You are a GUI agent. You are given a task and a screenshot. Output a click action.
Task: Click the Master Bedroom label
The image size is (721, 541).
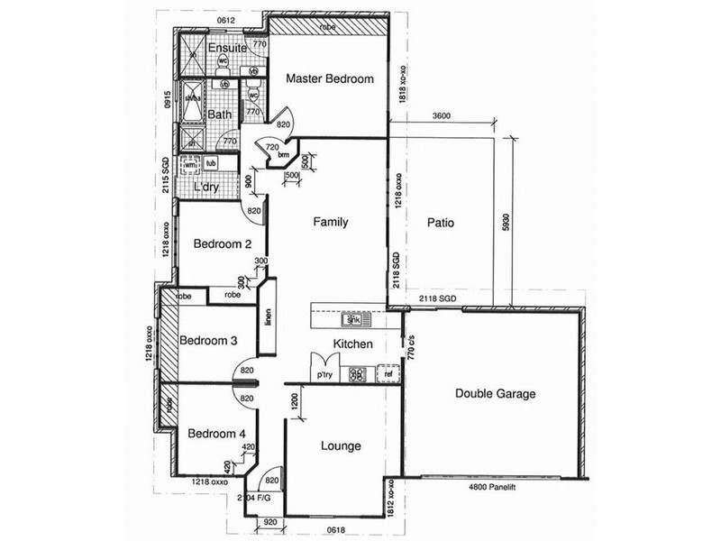329,79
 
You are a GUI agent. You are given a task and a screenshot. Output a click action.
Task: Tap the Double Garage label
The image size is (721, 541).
495,394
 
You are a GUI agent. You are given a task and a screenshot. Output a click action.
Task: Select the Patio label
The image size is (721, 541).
439,222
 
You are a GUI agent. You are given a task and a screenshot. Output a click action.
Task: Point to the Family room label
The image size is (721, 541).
330,222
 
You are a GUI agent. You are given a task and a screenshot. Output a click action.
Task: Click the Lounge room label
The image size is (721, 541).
341,445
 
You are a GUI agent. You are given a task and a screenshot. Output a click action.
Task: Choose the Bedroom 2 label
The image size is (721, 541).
215,244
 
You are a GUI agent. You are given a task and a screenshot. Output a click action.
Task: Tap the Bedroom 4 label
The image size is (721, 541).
216,434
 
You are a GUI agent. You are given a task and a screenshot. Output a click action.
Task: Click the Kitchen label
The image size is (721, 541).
353,344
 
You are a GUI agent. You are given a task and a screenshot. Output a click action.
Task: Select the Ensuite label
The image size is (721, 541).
226,48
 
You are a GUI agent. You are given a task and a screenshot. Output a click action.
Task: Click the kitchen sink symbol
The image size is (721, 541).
351,320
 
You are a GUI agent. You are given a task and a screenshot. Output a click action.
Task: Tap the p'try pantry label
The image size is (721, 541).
323,374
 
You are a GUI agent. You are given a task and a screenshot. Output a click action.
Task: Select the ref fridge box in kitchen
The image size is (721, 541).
388,373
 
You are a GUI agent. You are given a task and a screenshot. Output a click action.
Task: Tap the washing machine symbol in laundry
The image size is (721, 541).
190,165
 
